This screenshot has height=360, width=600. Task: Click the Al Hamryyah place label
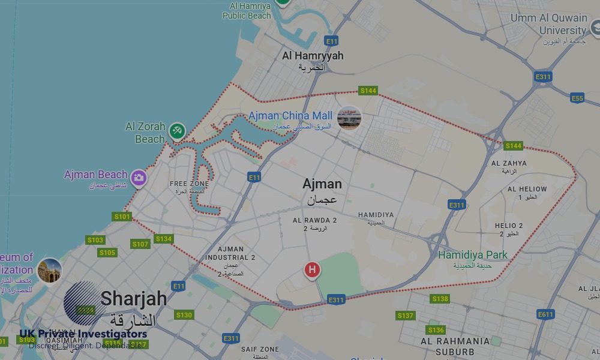(x=313, y=56)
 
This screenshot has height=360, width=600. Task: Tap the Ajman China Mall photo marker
(x=349, y=118)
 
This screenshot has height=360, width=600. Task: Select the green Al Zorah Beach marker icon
(x=176, y=130)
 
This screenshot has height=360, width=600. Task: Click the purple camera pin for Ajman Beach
(x=139, y=178)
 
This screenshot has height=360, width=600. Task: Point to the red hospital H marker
(x=311, y=270)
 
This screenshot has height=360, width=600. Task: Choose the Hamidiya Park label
(x=472, y=255)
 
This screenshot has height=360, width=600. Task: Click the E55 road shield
(x=577, y=98)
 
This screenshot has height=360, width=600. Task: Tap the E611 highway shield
(x=545, y=314)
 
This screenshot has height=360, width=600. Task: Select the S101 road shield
(x=122, y=217)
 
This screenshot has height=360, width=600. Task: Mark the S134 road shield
(x=163, y=239)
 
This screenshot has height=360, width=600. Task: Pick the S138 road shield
(x=440, y=299)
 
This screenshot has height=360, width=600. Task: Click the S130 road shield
(x=184, y=315)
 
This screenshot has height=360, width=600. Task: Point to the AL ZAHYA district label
(x=509, y=163)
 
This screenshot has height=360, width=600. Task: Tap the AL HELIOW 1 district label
(x=527, y=190)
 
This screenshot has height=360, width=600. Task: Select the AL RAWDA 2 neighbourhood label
(x=314, y=221)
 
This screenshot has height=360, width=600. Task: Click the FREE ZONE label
(x=189, y=184)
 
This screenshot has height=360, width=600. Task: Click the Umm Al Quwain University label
(x=548, y=24)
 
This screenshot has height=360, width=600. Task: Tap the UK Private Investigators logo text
(x=83, y=334)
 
